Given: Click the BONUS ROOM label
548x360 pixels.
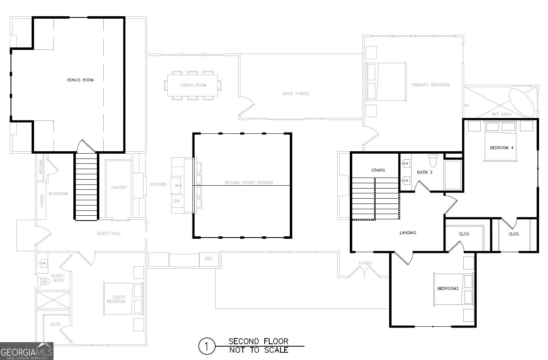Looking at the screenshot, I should (80, 80).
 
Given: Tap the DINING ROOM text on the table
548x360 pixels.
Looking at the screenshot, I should (193, 85).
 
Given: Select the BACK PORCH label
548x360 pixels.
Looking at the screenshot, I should (295, 94).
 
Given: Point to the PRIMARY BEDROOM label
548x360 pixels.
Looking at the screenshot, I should (430, 85).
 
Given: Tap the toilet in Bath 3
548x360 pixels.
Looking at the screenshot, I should (433, 161).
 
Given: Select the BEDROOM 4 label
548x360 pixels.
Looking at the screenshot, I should (501, 148).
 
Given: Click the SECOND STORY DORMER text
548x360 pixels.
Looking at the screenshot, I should (249, 183).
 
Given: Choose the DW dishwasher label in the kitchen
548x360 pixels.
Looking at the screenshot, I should (176, 201).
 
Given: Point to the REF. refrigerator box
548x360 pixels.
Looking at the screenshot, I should (209, 259).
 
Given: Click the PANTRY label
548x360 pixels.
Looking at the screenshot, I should (119, 187).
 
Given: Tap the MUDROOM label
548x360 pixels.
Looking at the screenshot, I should (58, 194).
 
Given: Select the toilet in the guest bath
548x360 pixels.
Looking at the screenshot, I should (44, 281).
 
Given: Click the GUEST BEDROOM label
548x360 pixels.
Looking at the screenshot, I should (119, 299).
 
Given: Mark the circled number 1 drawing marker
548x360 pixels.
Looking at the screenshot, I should (206, 347).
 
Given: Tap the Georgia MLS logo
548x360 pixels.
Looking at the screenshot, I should (27, 351).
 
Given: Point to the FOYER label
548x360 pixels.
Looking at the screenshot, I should (365, 264).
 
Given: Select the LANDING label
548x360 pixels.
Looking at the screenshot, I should (408, 233).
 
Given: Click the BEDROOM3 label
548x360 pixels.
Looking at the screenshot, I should (447, 289).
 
